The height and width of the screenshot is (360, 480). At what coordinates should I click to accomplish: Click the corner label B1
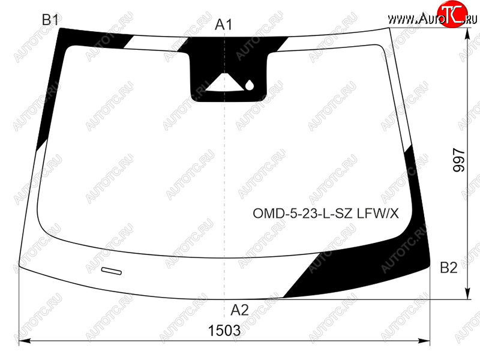[50, 20]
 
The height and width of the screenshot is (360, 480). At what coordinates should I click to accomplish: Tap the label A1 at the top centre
[224, 25]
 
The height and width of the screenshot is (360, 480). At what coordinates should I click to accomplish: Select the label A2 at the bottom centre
[239, 310]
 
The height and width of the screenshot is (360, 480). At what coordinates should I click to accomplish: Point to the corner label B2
[448, 268]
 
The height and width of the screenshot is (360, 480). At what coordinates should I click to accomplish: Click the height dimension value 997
[458, 160]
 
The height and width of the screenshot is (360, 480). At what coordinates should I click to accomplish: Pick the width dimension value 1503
[224, 331]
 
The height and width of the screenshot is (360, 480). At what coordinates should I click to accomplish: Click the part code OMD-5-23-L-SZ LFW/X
[326, 214]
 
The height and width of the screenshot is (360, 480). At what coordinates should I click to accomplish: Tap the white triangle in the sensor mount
[225, 83]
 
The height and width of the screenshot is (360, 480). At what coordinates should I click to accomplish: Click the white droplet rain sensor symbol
[250, 85]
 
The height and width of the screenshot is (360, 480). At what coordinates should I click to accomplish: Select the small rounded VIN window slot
[112, 271]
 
